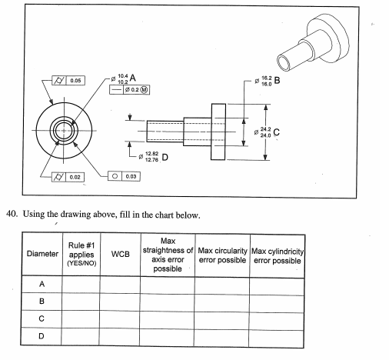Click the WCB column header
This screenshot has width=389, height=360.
(119, 253)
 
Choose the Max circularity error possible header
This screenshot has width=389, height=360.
(221, 253)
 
